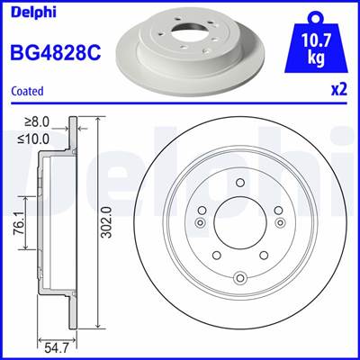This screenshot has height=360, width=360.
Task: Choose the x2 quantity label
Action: click(x=340, y=91)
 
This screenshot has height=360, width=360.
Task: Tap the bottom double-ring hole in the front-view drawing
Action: click(x=239, y=280)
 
